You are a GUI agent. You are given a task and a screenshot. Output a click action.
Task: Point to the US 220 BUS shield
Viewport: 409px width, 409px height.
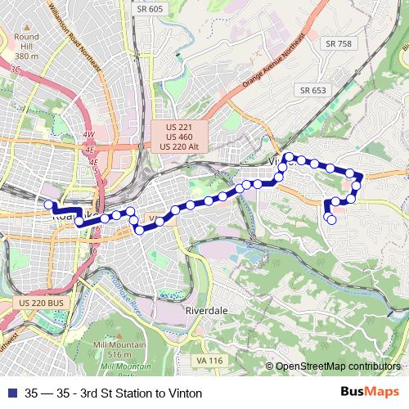[x=38, y=303]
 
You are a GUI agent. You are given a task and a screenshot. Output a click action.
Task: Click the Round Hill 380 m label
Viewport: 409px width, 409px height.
[x=27, y=47]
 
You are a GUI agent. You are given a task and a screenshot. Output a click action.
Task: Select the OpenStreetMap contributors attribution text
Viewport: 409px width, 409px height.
[x=338, y=366]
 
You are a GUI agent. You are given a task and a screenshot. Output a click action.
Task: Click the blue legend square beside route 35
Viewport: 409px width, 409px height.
[x=11, y=393]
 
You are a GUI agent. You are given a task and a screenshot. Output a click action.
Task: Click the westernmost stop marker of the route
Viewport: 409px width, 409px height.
[x=48, y=204]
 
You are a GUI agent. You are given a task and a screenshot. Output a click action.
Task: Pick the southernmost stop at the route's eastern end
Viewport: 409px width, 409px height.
[x=331, y=219]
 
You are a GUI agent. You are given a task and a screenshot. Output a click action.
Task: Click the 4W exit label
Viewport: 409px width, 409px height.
[x=88, y=134]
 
